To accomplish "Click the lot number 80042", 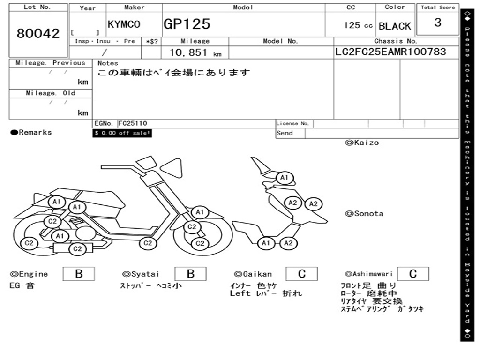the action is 38,33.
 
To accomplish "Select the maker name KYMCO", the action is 124,24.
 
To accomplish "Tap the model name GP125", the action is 187,24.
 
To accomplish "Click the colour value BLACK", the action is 395,26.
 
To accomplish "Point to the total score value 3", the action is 438,22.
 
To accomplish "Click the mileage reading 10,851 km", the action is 195,52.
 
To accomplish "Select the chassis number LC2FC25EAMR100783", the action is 390,52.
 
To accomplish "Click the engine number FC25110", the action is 133,123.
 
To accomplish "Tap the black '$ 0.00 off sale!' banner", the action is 122,133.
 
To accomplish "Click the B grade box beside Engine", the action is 79,274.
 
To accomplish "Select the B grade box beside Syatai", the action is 190,274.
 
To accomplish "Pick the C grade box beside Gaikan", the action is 302,274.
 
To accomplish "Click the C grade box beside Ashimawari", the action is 413,274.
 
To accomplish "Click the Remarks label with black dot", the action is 31,132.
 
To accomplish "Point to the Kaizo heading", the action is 362,142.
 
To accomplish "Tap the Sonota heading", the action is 364,214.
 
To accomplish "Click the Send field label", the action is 285,133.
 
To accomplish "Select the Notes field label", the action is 108,63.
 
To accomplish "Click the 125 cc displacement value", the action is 358,25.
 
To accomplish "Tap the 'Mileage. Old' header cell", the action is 51,93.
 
